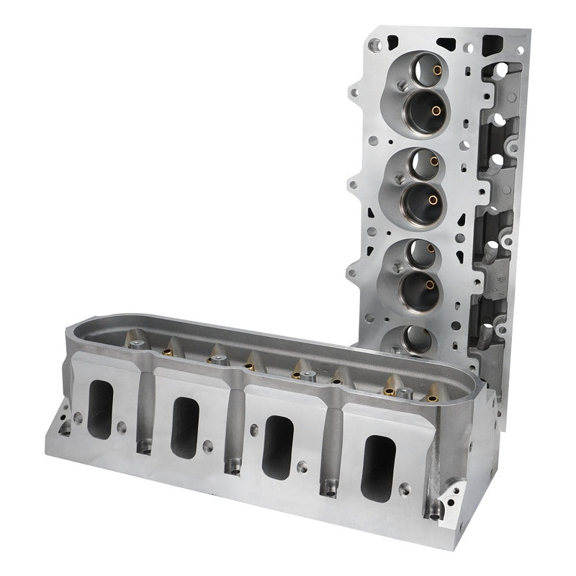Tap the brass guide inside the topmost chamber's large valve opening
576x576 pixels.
coord(434,110)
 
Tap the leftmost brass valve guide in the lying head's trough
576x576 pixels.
coord(134,338)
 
